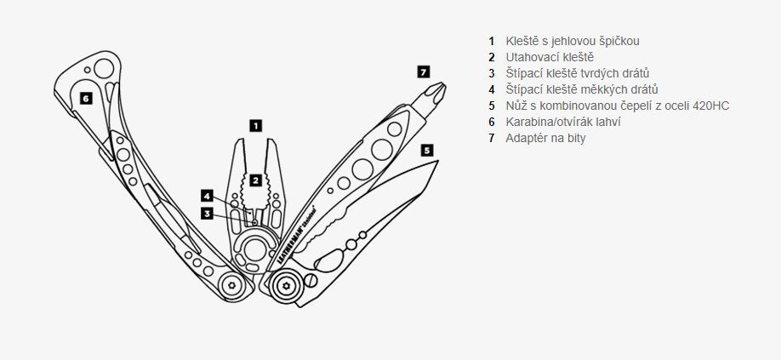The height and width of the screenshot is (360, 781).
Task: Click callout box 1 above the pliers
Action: pos(254,125)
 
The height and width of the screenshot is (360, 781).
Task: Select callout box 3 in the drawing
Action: pos(207,213)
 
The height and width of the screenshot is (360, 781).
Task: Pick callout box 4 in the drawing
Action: pos(207,195)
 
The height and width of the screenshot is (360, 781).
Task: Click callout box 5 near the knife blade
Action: pos(426,150)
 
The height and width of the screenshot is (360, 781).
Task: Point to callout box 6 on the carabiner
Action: pos(85,98)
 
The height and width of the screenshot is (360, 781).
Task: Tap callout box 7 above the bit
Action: pos(423,71)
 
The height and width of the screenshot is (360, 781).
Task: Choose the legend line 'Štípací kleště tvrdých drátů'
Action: pos(571,73)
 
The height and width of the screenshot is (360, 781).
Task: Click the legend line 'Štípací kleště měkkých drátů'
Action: pos(573,89)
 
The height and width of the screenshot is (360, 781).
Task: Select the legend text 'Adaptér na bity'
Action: pos(545,138)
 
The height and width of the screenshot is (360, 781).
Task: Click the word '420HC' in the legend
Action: pos(710,106)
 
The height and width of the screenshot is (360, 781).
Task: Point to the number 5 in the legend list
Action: pos(491,106)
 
